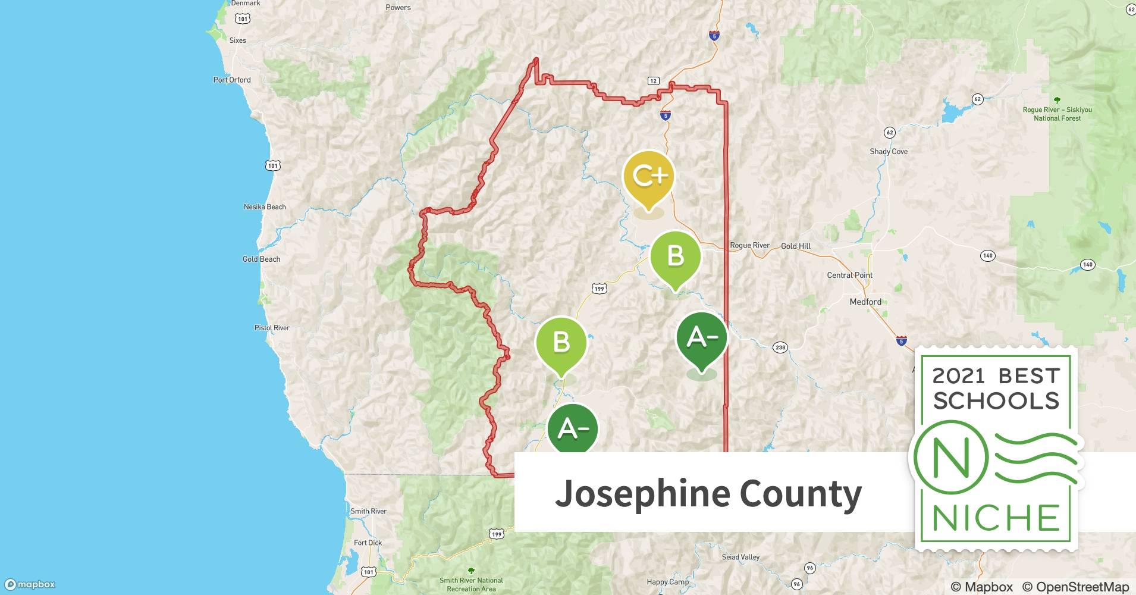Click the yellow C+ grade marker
click(x=649, y=177)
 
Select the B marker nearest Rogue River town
click(x=675, y=257)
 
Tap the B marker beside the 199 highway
click(x=561, y=343)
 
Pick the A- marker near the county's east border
click(x=702, y=339)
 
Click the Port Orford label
click(x=232, y=80)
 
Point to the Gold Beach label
click(x=261, y=259)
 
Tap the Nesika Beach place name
click(x=265, y=207)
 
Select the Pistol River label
click(x=272, y=328)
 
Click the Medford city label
click(x=865, y=302)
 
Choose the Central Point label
click(x=849, y=275)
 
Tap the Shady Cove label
click(x=889, y=152)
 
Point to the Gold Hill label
click(x=796, y=246)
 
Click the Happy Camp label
click(x=667, y=582)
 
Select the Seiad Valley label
click(x=740, y=558)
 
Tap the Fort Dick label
click(x=368, y=543)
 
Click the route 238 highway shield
click(x=780, y=347)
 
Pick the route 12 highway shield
click(x=653, y=81)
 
